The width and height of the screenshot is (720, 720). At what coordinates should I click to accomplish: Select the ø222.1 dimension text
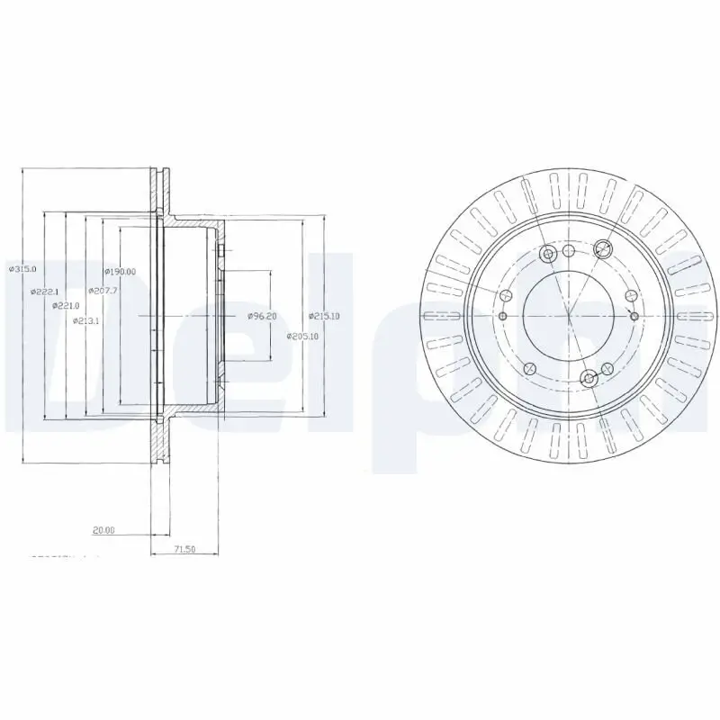(x=44, y=292)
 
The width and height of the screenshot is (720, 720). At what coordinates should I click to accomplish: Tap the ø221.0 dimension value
(x=65, y=306)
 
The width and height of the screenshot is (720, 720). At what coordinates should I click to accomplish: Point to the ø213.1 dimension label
(x=86, y=319)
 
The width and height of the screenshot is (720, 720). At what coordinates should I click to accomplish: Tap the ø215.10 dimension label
(x=323, y=316)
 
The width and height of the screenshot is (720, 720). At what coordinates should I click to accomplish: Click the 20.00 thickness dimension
(x=104, y=530)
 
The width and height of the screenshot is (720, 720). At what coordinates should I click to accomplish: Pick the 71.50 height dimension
(x=184, y=548)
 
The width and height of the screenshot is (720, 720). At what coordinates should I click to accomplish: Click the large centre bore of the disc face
(x=569, y=316)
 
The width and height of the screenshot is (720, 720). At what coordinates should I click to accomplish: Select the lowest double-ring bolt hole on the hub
(x=589, y=378)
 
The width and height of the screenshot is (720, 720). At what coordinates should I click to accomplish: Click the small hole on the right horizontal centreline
(x=634, y=317)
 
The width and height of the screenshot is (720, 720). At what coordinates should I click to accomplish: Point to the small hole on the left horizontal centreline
(x=503, y=317)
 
